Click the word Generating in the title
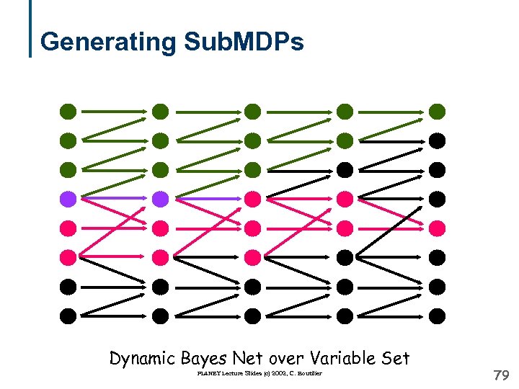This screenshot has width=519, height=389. (x=108, y=42)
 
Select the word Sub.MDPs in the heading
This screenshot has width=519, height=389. (x=244, y=42)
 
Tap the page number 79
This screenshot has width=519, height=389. (x=500, y=375)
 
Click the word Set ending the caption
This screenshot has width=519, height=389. (x=395, y=357)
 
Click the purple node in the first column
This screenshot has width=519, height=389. (x=68, y=198)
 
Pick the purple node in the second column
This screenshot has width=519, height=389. (x=160, y=198)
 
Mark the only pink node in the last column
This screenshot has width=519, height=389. (x=437, y=228)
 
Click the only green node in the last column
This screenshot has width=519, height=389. (x=437, y=111)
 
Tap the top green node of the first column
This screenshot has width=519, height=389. (x=68, y=111)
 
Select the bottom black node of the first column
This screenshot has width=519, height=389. (x=68, y=315)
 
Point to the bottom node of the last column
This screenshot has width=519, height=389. (x=437, y=315)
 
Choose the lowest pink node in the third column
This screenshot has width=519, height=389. (x=252, y=256)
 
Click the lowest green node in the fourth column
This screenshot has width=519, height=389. (x=345, y=140)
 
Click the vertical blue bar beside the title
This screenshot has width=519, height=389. (x=30, y=28)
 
